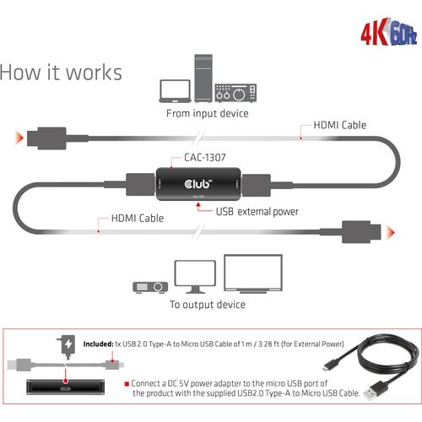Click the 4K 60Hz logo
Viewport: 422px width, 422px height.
coord(389,32)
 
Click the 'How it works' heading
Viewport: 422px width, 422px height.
coord(61,73)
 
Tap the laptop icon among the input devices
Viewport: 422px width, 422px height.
coord(176,91)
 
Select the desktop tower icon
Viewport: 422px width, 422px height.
coord(203,78)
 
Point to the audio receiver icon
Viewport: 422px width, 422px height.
coord(235,93)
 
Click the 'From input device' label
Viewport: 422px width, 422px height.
coord(208,113)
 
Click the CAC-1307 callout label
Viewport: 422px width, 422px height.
coord(205,157)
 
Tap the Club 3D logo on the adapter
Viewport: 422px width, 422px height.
coord(198,184)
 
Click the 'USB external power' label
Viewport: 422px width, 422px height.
coord(257,212)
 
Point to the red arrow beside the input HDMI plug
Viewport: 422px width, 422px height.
coord(19,138)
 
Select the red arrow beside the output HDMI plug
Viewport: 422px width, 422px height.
coord(391,233)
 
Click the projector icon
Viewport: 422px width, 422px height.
coord(150,287)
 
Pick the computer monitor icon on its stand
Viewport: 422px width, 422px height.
coord(195,277)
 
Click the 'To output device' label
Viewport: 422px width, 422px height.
coord(208,305)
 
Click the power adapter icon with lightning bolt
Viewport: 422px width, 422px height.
coord(67,347)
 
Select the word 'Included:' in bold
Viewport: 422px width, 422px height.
coord(98,344)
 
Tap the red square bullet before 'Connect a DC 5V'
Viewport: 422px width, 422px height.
coord(127,384)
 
